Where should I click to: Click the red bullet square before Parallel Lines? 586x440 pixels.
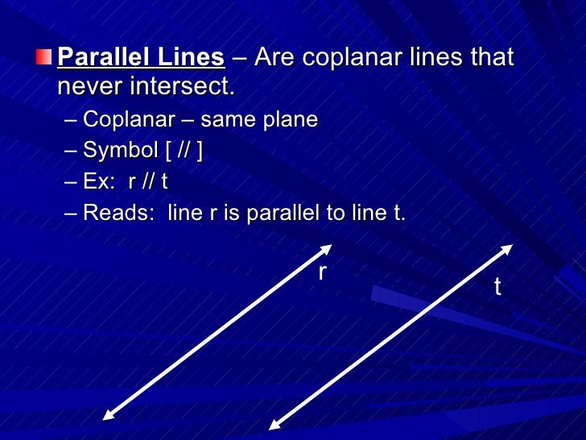click(42, 58)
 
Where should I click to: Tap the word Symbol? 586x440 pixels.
click(121, 151)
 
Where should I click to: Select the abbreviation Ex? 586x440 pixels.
click(100, 181)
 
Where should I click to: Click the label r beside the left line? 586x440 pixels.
click(322, 272)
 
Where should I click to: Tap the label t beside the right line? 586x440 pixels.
click(497, 286)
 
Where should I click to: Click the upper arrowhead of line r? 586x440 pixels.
click(326, 248)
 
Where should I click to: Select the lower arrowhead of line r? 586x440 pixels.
click(108, 414)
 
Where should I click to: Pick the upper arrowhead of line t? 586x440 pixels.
click(507, 247)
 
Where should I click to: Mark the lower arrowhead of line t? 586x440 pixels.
click(274, 425)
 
